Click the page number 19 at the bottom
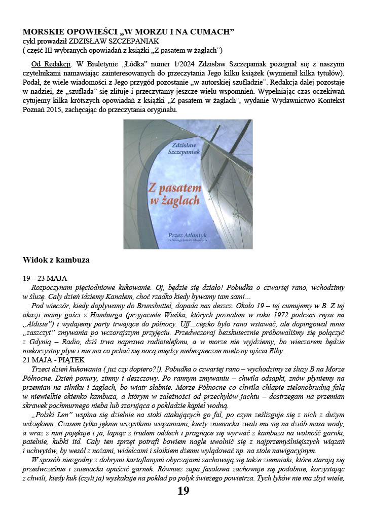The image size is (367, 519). [183, 491]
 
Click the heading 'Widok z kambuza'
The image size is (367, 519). [56, 260]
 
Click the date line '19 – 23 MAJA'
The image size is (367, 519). [45, 278]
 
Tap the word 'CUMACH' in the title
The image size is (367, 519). [210, 32]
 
